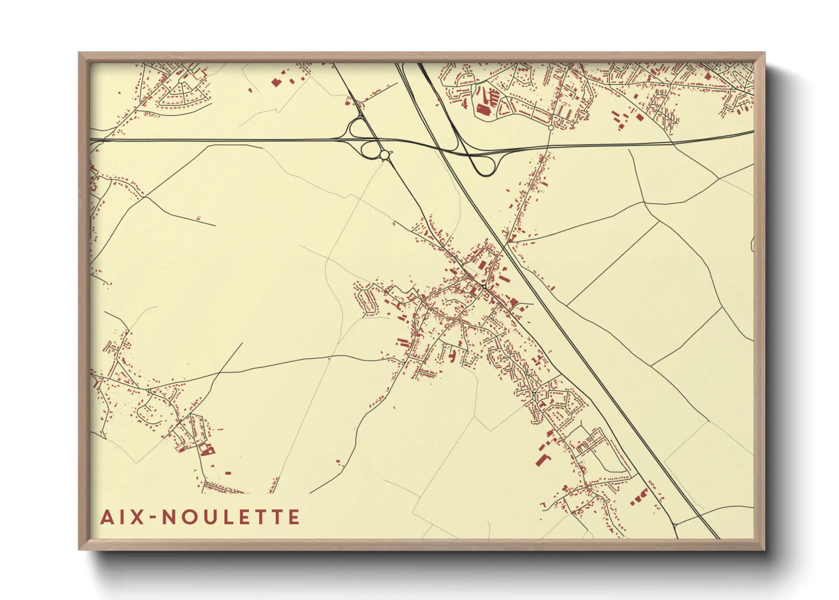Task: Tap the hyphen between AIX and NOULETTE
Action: pos(152,518)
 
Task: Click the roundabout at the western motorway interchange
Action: pos(384,154)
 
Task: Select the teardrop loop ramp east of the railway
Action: pos(486,166)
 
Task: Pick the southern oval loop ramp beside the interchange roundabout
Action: pos(370,150)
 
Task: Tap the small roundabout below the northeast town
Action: pos(550,128)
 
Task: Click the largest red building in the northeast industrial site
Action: pos(484,109)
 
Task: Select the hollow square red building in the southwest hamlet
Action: pos(205,450)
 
